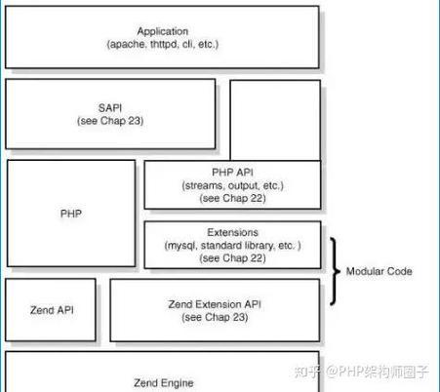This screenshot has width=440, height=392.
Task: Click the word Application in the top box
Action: (x=162, y=31)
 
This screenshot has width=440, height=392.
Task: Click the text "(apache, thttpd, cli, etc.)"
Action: (x=162, y=45)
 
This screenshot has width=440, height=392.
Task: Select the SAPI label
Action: (x=109, y=107)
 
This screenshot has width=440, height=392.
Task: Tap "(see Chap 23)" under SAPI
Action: (x=109, y=121)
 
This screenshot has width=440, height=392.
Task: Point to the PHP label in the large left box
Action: (x=70, y=211)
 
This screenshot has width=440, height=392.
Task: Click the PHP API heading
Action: (x=232, y=172)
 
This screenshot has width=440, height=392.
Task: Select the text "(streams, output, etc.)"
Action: (x=232, y=184)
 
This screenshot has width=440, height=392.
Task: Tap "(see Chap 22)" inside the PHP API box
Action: (x=232, y=197)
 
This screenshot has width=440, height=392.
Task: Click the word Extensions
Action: (x=232, y=233)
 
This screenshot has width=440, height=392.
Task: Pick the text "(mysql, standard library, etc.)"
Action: (x=232, y=246)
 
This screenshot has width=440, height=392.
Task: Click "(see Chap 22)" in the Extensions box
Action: (x=232, y=258)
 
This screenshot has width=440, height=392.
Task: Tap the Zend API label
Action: (x=52, y=309)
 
